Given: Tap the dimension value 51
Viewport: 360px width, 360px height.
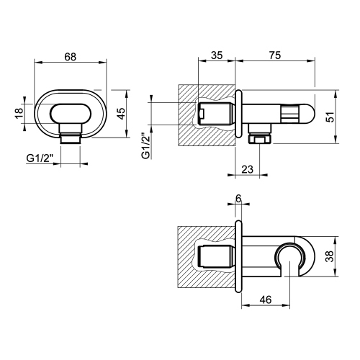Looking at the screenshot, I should pos(330,118).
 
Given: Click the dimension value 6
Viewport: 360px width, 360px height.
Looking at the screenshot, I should pos(239,202).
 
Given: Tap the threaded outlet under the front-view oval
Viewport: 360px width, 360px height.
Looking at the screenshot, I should pos(70,138).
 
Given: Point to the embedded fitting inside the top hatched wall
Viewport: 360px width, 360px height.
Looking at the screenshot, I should pos(214,114).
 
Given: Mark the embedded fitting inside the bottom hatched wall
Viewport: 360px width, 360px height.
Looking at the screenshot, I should pos(214,257).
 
